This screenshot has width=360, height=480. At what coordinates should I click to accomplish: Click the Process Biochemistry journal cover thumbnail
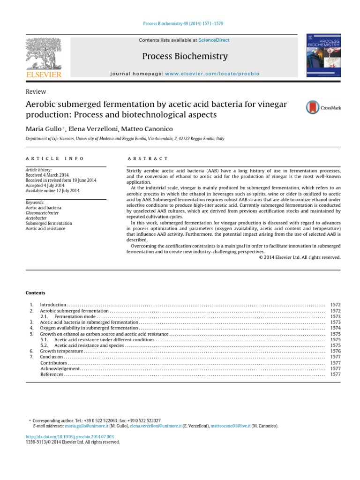click(323, 55)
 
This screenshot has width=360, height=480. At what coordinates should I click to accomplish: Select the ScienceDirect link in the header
click(214, 40)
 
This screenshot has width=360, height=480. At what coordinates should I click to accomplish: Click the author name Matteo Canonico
click(152, 129)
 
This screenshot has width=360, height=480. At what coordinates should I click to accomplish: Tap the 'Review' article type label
click(36, 92)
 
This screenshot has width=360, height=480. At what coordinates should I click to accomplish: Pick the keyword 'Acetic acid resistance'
click(45, 228)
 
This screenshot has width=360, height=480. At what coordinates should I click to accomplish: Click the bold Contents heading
click(35, 293)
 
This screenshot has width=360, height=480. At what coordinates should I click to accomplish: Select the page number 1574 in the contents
click(335, 328)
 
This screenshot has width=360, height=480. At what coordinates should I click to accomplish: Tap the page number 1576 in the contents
click(335, 351)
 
